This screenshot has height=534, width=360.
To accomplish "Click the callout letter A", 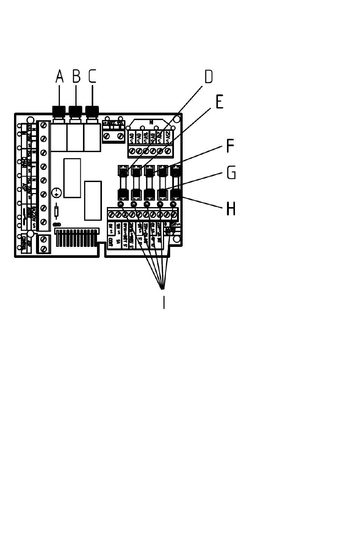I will pos(59,76).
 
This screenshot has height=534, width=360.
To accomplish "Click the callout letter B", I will pos(76,76).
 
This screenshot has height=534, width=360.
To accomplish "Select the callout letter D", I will pos(209,77).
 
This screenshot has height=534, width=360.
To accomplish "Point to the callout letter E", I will pos(219,102).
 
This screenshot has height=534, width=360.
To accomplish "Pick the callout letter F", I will pos(230,146).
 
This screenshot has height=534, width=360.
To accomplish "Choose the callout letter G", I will pos(231,173).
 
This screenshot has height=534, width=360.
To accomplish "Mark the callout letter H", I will pos(231,209).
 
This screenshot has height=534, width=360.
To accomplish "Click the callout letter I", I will pos(164,302).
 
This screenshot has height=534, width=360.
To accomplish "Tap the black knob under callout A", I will pos(59,111).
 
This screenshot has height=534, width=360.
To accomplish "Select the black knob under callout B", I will pos(75,111).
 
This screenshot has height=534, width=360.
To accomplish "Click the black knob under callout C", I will pos(92,111).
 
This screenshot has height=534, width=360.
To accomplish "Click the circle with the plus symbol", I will pos(56,193).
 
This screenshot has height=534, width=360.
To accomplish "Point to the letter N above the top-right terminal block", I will pos(151,123).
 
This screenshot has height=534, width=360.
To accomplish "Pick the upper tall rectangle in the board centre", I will pos(72,178).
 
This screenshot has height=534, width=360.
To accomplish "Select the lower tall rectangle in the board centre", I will pos(93,201).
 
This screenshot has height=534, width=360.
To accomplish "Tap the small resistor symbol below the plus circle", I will pos(56,211).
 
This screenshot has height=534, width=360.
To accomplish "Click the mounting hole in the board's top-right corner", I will pos(177,119).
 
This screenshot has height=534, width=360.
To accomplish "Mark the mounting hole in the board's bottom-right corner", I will pos(177,239).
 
